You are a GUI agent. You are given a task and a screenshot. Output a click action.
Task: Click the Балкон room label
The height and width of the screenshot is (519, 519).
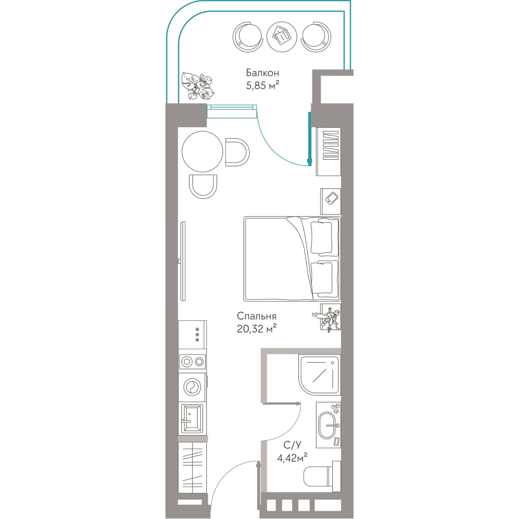262,73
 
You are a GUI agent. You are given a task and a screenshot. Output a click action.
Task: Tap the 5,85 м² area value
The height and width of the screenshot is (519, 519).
262,86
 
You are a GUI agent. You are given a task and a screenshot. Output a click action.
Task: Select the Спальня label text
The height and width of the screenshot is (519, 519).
256,316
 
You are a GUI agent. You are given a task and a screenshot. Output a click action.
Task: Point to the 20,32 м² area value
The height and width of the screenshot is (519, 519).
257,329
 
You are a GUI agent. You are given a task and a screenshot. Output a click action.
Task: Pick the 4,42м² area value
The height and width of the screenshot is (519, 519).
292,458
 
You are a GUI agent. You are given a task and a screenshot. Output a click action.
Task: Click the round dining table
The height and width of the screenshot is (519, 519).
202,152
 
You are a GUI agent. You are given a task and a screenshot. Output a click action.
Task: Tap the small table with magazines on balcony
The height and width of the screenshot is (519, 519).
282,36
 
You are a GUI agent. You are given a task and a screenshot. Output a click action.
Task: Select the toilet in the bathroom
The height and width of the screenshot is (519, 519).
322,475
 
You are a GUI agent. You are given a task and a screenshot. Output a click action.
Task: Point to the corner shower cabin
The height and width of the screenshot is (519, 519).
319,375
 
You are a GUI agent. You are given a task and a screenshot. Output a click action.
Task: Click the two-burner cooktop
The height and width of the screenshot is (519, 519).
193,361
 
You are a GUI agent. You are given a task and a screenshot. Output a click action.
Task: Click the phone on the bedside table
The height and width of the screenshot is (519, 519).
331,198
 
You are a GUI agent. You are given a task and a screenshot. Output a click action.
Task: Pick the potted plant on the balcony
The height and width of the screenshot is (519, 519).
197,86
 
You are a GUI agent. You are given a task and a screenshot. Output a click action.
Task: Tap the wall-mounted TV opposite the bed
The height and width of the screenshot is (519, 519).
183,261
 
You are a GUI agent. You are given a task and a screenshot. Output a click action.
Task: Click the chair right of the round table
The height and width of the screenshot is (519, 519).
237,152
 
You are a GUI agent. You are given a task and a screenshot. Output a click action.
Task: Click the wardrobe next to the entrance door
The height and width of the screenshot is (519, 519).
192,468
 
